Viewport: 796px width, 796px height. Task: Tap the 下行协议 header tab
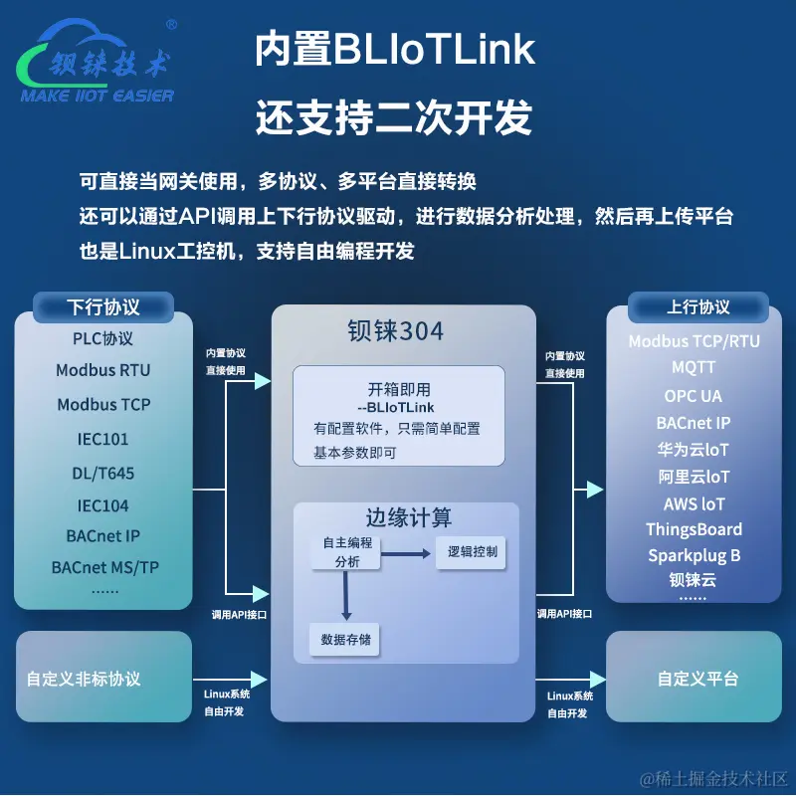coord(103,306)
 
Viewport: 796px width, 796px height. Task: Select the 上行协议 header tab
coord(697,306)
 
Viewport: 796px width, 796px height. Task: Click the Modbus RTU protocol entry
coord(103,370)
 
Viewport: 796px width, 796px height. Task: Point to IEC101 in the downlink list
coord(103,439)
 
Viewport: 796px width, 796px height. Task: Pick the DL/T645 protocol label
coord(103,473)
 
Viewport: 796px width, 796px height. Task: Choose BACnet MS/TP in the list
coord(104,568)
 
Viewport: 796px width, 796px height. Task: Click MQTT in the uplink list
coord(694,367)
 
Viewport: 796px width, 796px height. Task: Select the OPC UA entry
coord(694,395)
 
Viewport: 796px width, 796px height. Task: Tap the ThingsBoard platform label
coord(694,529)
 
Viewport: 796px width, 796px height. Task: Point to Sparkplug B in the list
coord(694,555)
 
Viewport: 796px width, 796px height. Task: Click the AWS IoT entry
coord(694,503)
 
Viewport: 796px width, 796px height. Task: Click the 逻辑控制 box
coord(472,552)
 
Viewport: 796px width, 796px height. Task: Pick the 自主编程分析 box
coord(346,552)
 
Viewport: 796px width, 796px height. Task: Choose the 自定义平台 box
coord(697,679)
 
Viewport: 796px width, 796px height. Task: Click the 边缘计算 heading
coord(408,518)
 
